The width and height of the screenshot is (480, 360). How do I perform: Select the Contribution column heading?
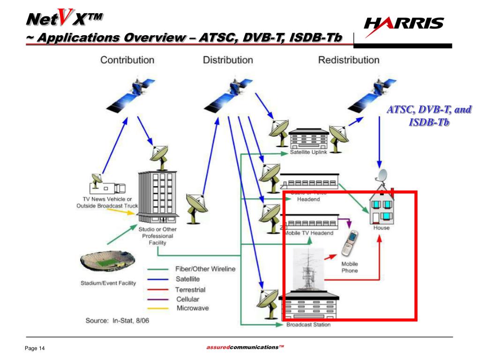(x=127, y=60)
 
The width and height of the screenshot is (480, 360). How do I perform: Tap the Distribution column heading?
(x=228, y=60)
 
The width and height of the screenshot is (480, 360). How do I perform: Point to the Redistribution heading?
(x=349, y=60)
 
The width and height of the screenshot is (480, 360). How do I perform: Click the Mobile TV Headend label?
(x=309, y=233)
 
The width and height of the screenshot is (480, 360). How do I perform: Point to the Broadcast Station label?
(x=308, y=324)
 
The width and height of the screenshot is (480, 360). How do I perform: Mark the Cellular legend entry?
(x=187, y=299)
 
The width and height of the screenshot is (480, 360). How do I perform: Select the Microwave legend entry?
(x=192, y=308)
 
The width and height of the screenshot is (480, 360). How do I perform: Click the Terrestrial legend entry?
(x=190, y=290)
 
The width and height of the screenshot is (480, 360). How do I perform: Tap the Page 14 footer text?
(x=34, y=348)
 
